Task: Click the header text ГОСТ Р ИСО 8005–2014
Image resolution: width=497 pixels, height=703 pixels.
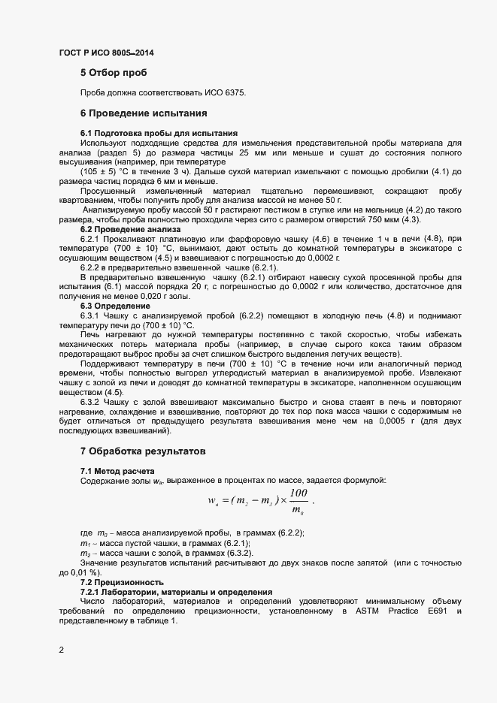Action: [x=107, y=53]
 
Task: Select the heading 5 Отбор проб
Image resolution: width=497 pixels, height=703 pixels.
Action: [x=113, y=74]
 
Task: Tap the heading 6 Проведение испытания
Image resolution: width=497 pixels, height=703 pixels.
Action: [x=143, y=113]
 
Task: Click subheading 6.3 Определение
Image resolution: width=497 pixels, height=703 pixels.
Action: [x=115, y=306]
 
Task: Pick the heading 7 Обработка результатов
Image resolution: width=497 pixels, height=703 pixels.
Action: [x=143, y=451]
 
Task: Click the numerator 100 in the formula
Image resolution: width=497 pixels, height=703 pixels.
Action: [x=298, y=493]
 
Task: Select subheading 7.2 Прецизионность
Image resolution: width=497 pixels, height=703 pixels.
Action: [x=122, y=582]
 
